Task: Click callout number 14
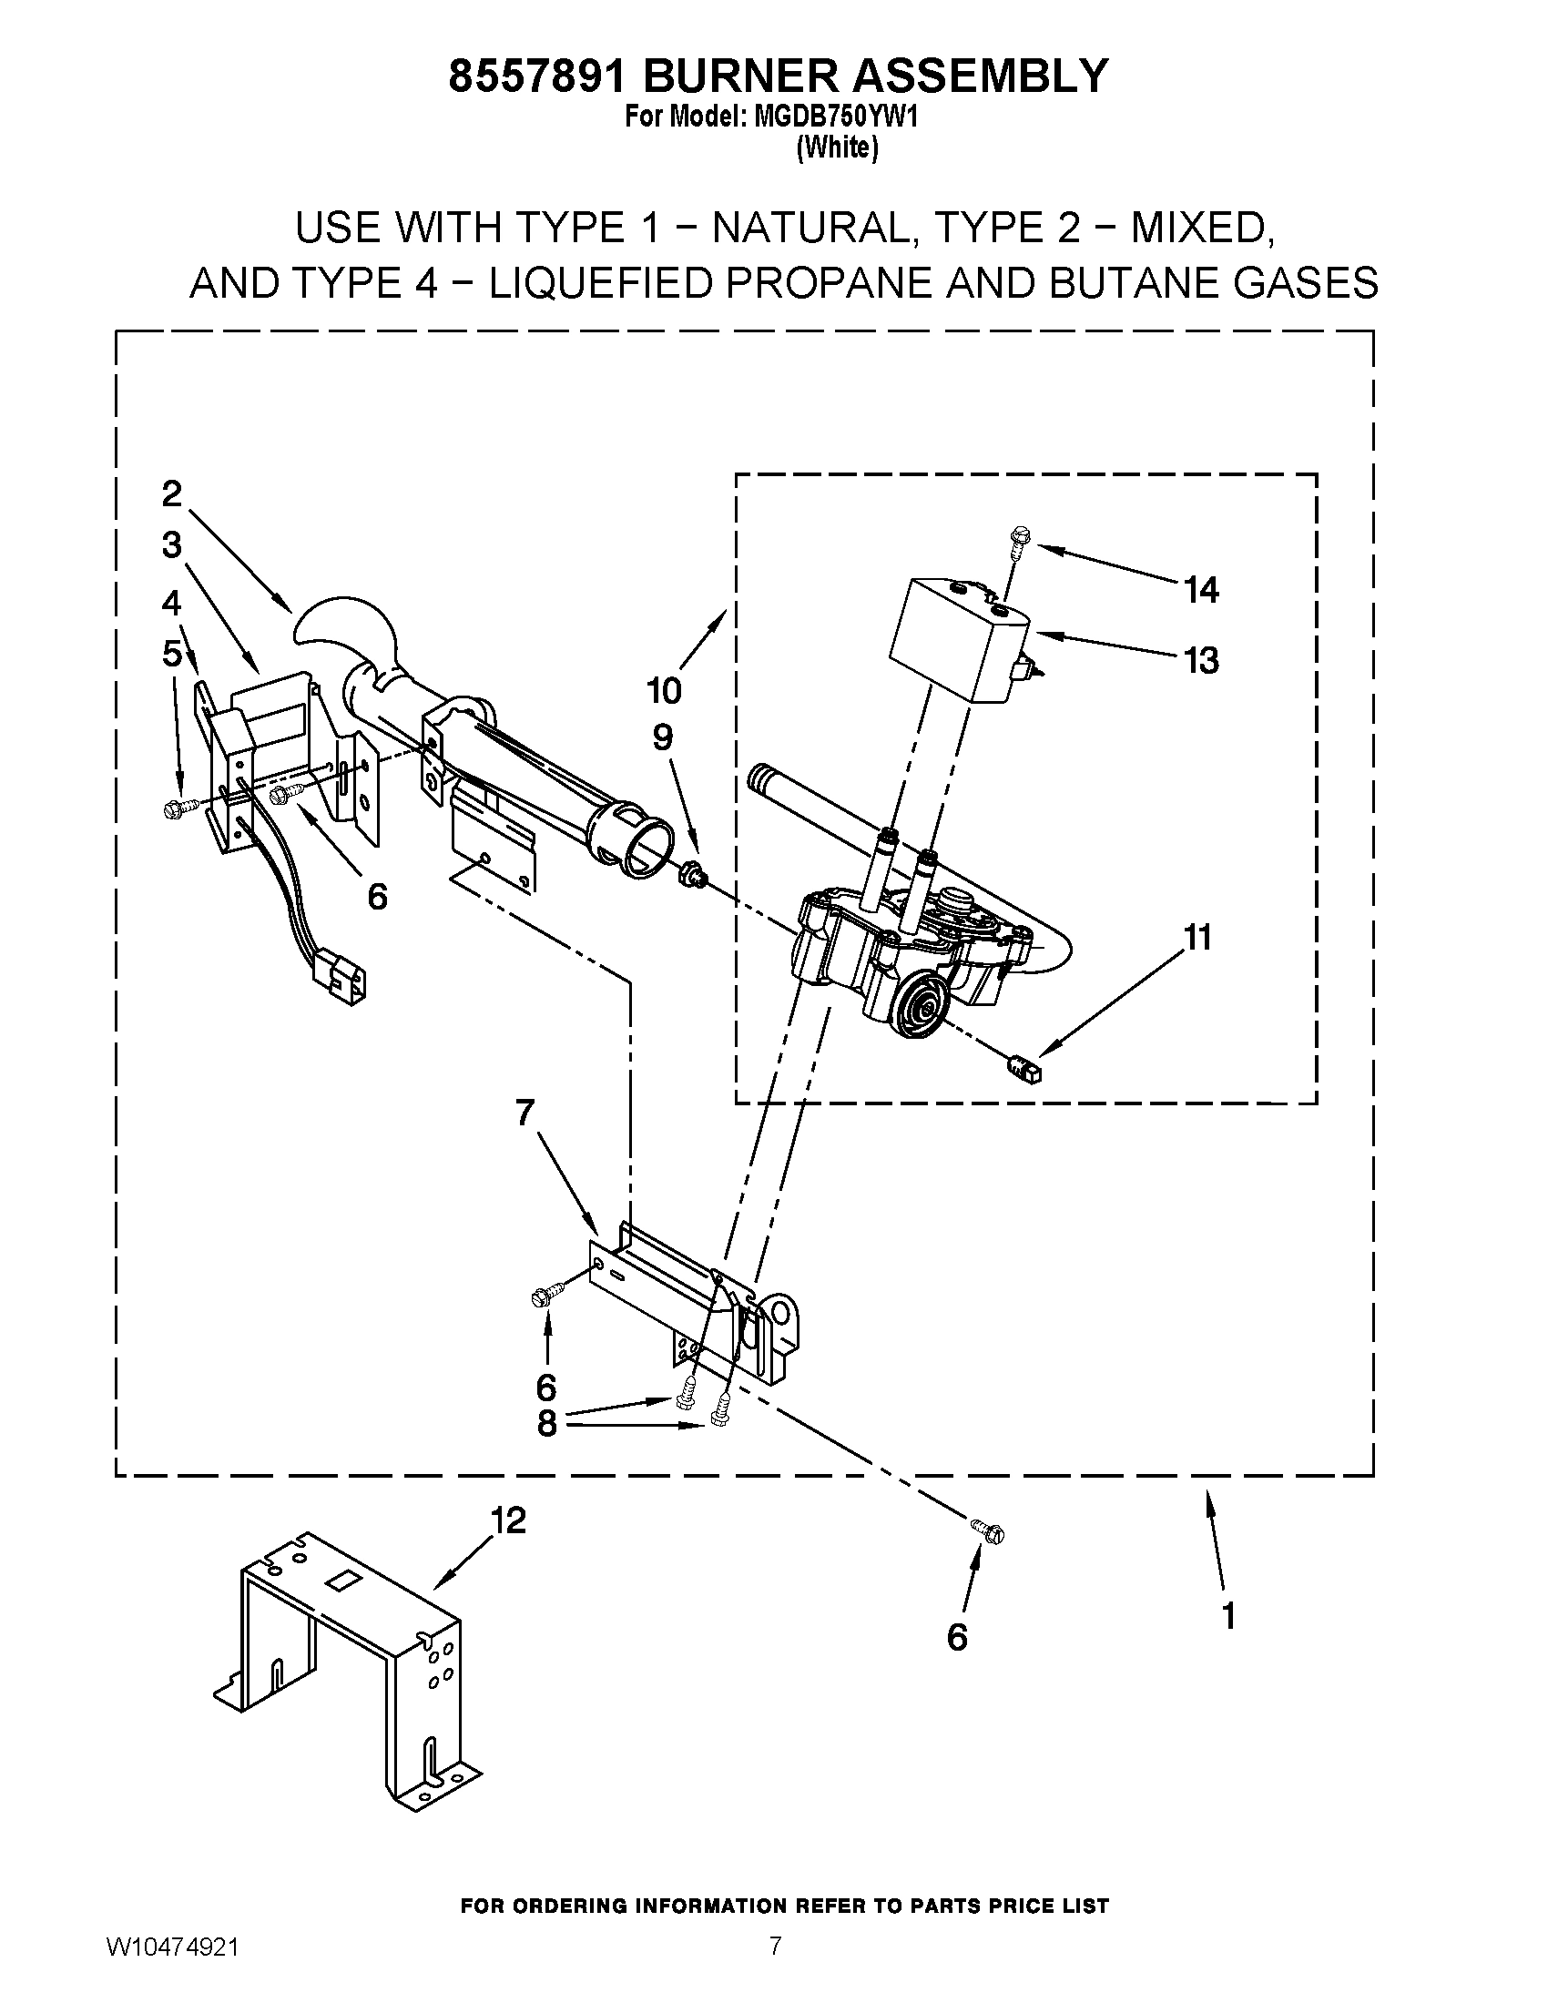point(1200,590)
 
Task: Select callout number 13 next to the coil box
point(1200,659)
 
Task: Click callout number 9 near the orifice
point(662,737)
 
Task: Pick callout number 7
point(524,1112)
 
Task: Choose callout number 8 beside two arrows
point(546,1423)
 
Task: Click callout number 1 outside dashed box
point(1229,1616)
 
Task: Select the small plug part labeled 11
point(1024,1069)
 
